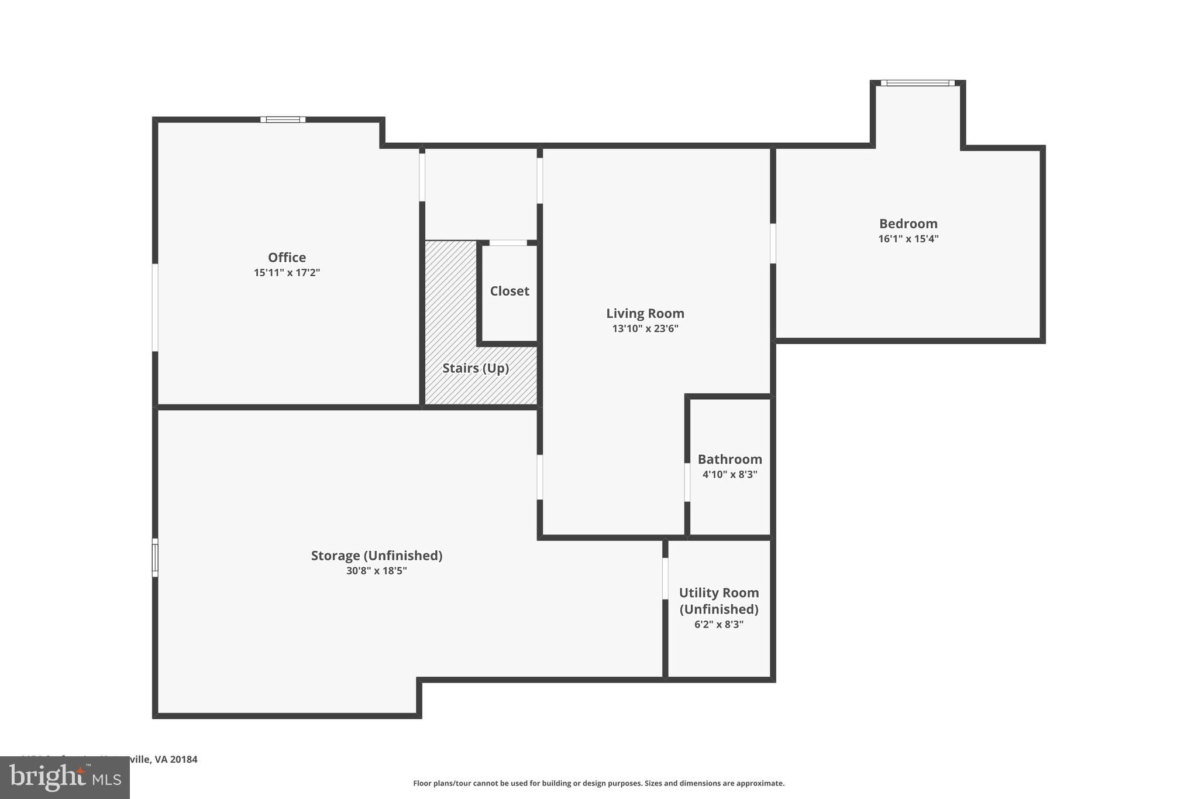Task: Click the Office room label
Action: [287, 258]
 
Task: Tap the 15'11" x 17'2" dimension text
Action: [287, 273]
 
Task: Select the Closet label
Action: [510, 291]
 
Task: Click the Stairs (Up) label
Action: [476, 368]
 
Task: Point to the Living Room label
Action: [645, 313]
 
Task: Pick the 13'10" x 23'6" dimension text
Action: [645, 328]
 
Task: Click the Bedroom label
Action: [908, 224]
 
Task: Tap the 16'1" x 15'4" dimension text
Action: [908, 239]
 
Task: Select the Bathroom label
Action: [729, 459]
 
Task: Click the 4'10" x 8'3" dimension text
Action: [729, 475]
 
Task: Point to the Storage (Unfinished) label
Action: [376, 555]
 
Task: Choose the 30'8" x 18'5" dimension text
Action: [376, 571]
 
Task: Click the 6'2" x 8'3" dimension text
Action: [718, 625]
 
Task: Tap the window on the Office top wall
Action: [283, 119]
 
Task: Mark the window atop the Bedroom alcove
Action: [917, 83]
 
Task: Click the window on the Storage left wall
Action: [155, 557]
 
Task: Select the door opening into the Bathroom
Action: [687, 482]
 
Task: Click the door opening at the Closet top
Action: [508, 243]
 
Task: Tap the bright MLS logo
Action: [65, 777]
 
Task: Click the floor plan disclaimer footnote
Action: [598, 783]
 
